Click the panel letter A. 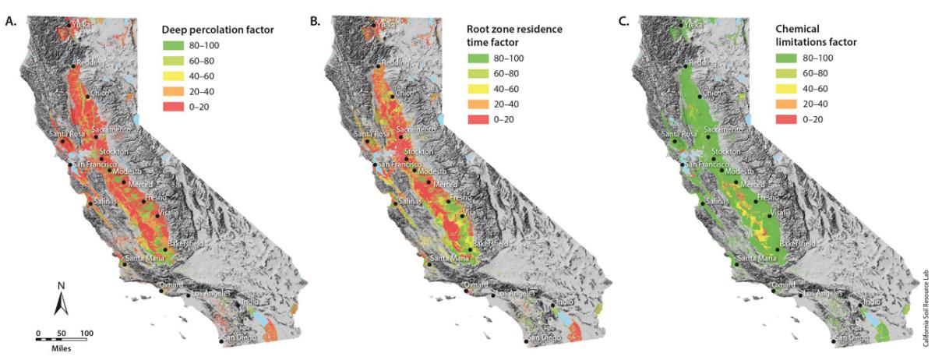(x=10, y=22)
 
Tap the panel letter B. (x=316, y=22)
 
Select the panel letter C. (x=623, y=22)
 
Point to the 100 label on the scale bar (x=86, y=334)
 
